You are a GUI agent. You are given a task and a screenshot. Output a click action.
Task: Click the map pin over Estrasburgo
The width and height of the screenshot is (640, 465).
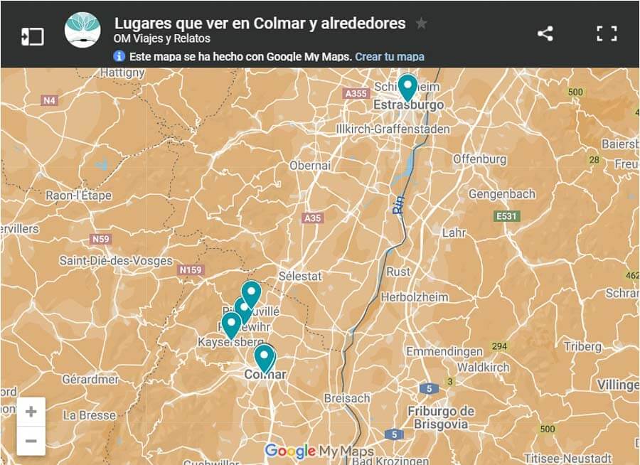(x=407, y=87)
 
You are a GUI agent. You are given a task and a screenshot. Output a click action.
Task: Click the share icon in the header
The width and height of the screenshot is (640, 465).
(x=545, y=33)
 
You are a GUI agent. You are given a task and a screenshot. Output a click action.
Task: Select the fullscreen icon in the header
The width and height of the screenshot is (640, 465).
(x=607, y=33)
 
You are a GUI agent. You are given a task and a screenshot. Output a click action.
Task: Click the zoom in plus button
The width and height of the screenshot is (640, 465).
(x=31, y=412)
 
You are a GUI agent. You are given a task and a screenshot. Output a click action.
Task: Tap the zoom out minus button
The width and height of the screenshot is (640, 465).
(x=31, y=441)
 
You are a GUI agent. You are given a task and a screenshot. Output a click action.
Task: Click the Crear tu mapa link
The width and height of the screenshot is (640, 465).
(x=390, y=57)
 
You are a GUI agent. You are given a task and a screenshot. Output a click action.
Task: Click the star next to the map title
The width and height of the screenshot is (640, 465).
(x=421, y=23)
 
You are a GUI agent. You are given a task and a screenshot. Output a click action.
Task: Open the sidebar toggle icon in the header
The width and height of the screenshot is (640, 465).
(x=33, y=36)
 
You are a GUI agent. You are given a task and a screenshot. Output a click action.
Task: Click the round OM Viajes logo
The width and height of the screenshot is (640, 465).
(x=82, y=30)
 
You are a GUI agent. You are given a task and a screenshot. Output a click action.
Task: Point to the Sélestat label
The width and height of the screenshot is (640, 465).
(x=300, y=276)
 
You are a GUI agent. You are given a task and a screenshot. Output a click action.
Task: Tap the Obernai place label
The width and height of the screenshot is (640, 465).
(x=310, y=165)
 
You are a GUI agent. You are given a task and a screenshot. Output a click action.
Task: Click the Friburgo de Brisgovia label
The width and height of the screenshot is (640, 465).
(x=441, y=418)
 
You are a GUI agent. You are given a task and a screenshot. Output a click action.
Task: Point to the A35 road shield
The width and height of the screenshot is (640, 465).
(x=311, y=218)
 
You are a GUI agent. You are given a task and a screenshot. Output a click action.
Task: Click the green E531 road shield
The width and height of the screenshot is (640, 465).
(x=506, y=216)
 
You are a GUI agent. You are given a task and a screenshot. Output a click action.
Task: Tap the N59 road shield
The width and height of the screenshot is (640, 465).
(x=100, y=239)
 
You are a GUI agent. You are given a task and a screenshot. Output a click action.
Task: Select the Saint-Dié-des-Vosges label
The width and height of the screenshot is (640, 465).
(x=116, y=261)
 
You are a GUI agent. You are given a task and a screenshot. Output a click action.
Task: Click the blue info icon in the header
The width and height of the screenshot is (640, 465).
(x=119, y=57)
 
